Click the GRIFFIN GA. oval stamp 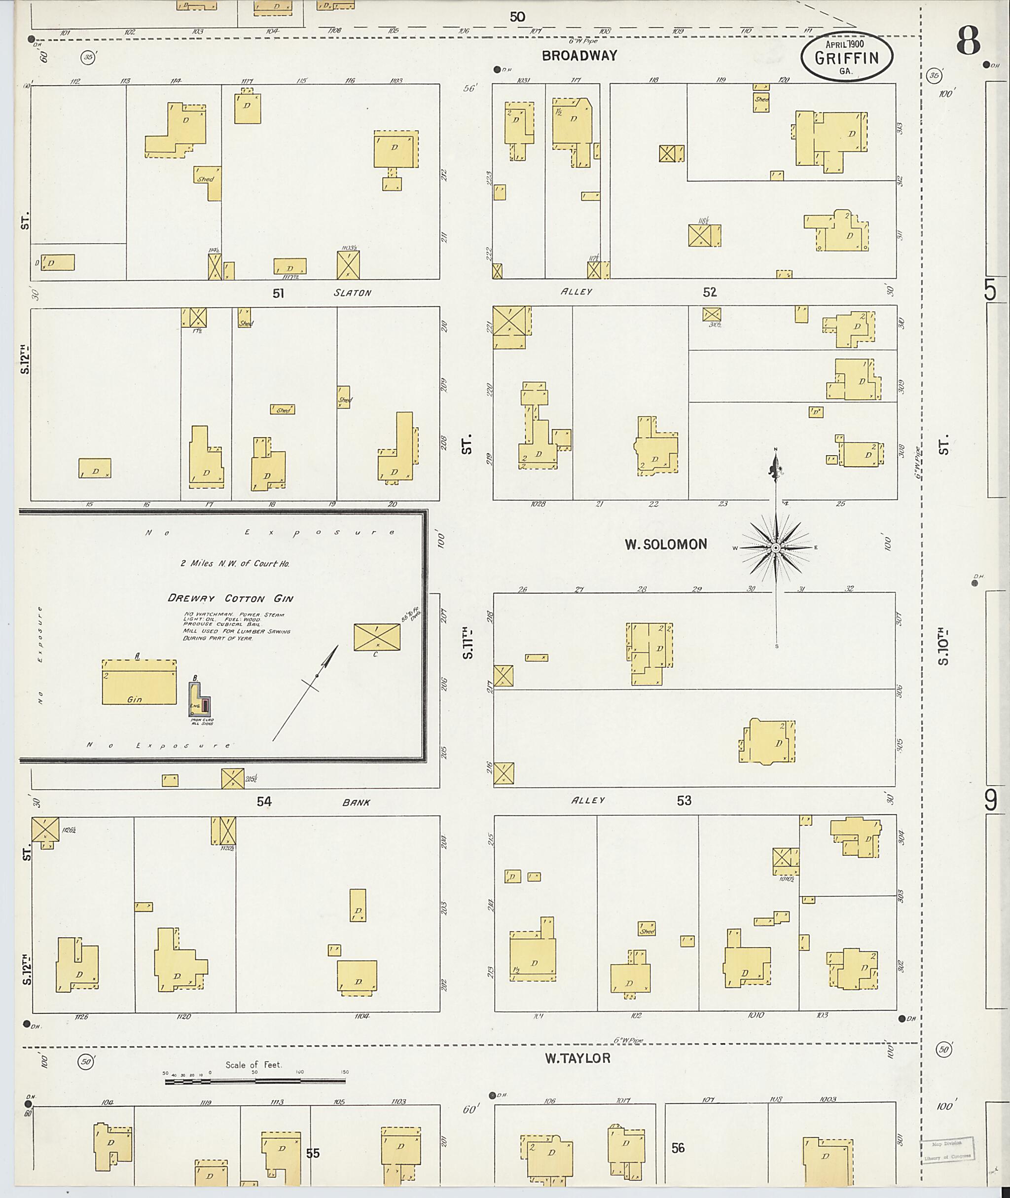[x=846, y=56]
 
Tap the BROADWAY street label [x=579, y=56]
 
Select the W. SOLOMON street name [x=665, y=545]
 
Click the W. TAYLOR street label [x=577, y=1058]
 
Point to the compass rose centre [x=776, y=548]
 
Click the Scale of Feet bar [x=255, y=1081]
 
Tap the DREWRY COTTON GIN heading [x=230, y=598]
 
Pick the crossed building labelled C [x=377, y=637]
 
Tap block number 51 [x=278, y=293]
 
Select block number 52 [x=709, y=292]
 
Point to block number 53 [x=684, y=800]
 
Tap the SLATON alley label [x=352, y=292]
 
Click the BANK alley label [x=356, y=802]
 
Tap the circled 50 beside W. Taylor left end [x=86, y=1061]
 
